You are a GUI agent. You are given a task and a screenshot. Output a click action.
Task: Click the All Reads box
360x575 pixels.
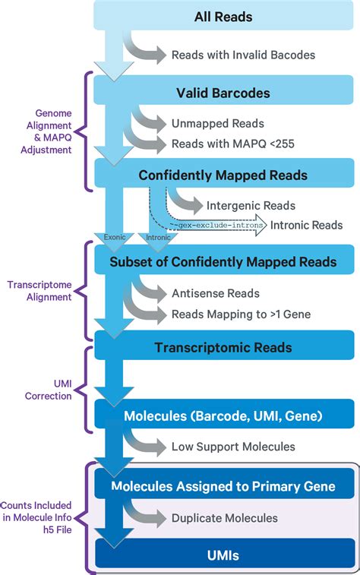(x=223, y=16)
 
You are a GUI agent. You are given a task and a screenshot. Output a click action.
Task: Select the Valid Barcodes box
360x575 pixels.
(x=223, y=93)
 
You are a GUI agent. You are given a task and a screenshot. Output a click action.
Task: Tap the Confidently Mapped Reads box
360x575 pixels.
(x=223, y=175)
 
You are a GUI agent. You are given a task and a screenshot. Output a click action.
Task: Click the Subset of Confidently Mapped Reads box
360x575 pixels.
(x=223, y=262)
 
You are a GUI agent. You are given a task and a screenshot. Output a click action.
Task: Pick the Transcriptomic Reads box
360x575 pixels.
(x=223, y=348)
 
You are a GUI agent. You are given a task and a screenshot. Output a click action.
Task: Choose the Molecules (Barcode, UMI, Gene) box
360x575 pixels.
(x=223, y=415)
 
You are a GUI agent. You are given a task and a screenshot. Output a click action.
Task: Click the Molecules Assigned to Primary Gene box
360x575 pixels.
(x=223, y=485)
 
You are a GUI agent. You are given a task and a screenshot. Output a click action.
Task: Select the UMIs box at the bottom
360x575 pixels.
(x=223, y=555)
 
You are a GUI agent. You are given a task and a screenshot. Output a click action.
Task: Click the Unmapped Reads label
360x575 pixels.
(x=218, y=123)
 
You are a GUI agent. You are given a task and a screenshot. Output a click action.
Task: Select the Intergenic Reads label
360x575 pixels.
(x=251, y=205)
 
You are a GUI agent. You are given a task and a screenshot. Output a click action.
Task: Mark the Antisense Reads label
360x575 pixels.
(x=216, y=293)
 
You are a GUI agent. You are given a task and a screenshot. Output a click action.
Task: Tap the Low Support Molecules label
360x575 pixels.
(x=233, y=447)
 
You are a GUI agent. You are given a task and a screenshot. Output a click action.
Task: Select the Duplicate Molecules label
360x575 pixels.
(x=225, y=518)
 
